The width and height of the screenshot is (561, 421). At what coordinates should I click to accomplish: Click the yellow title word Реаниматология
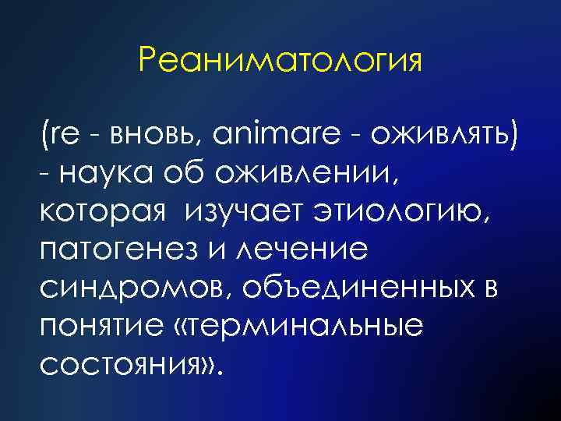point(280,60)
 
